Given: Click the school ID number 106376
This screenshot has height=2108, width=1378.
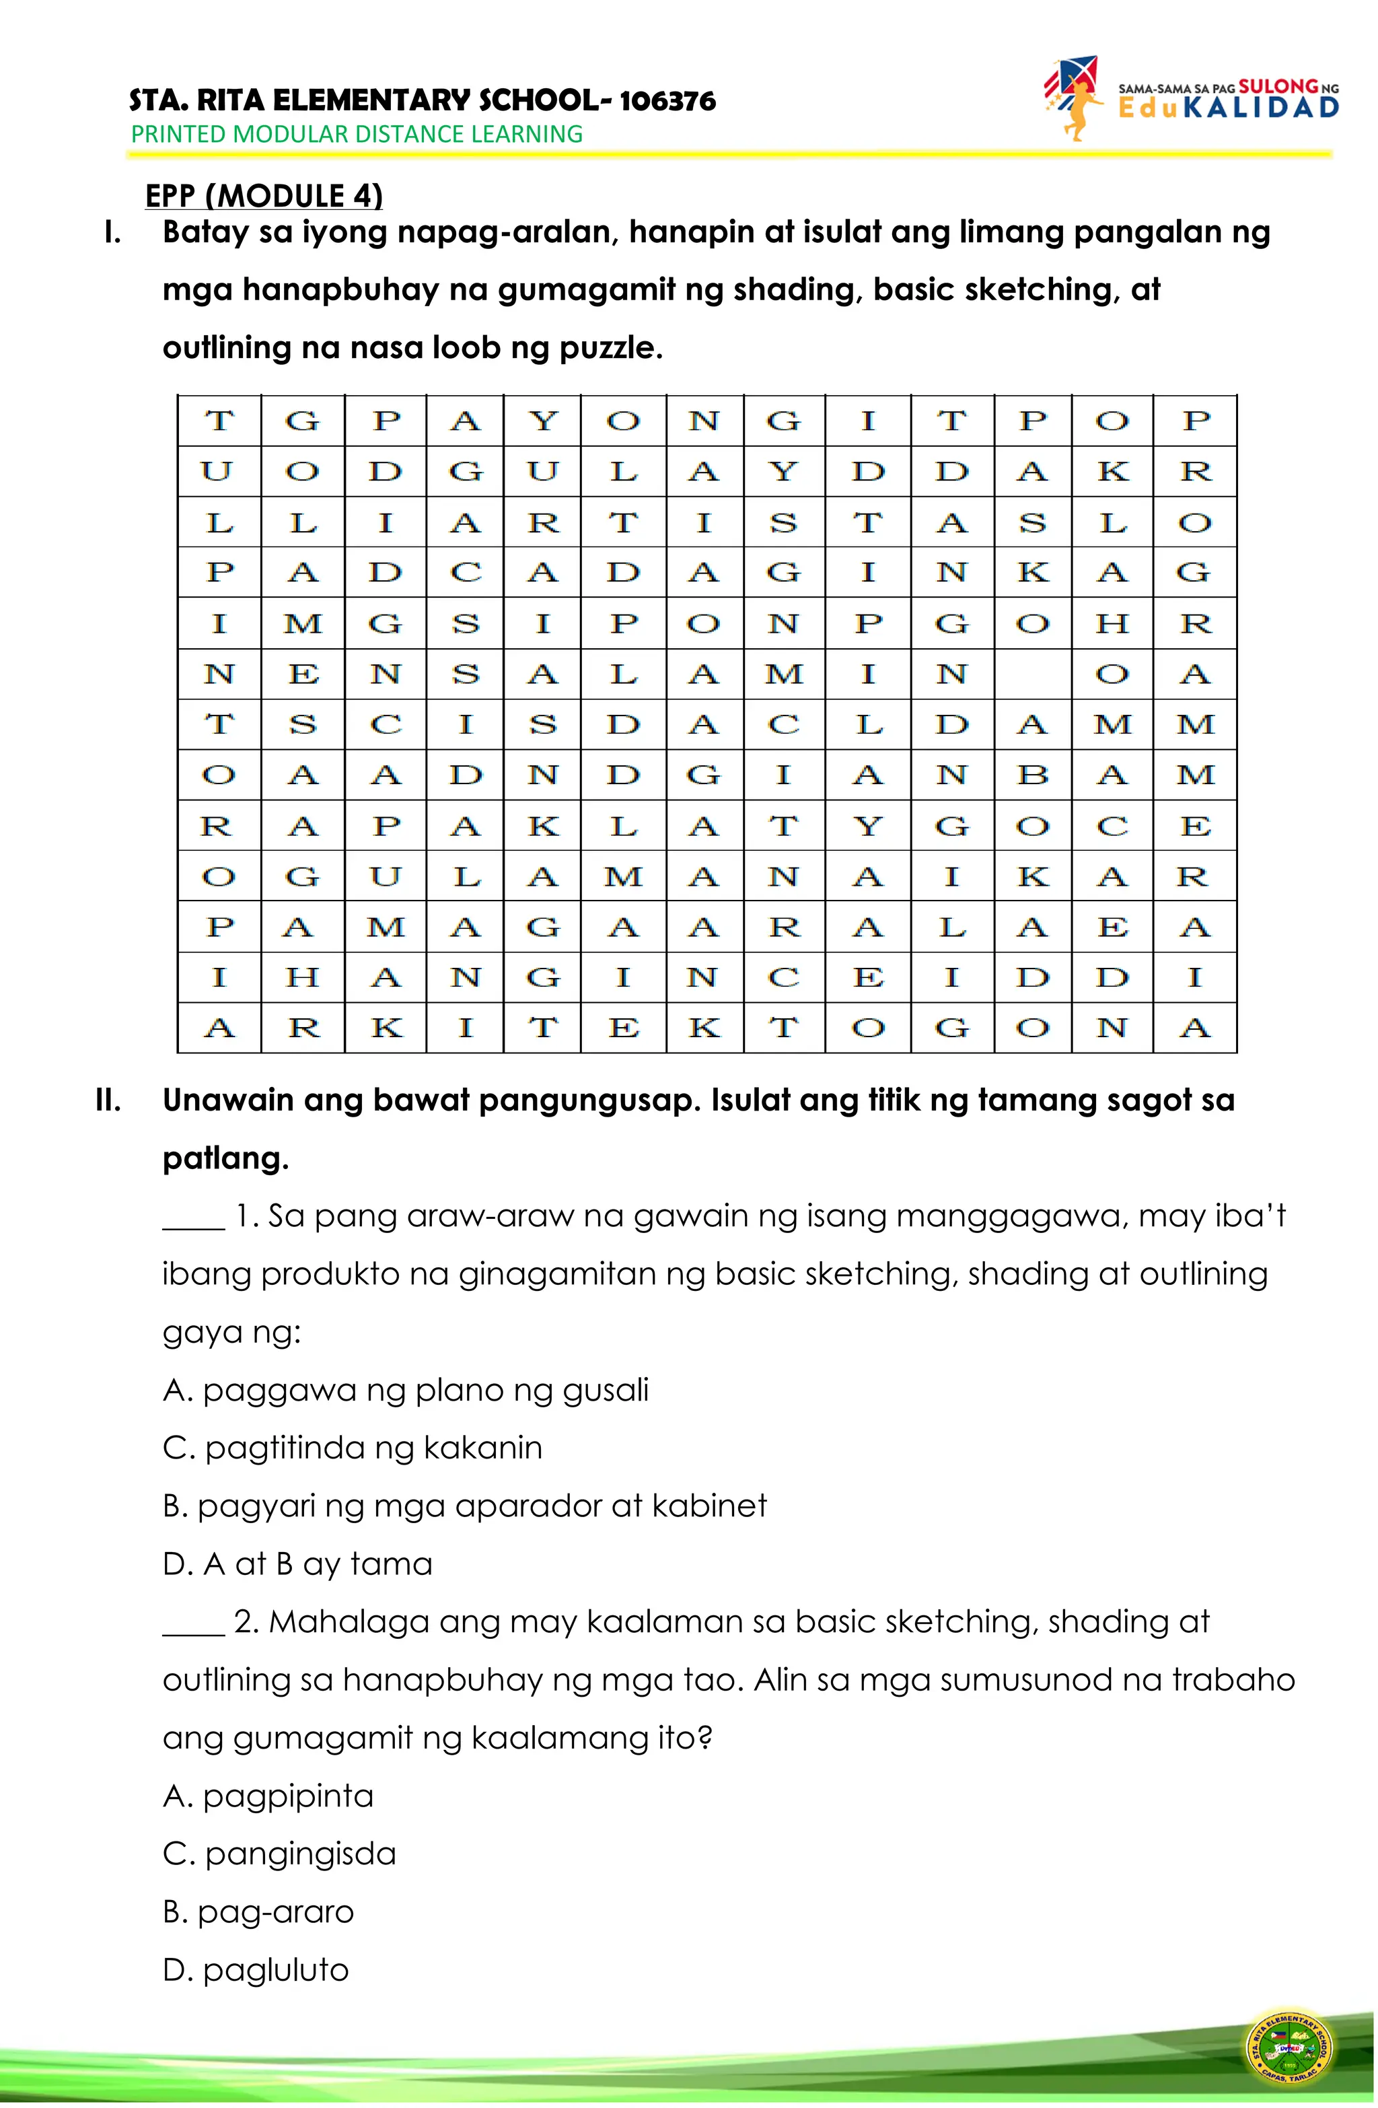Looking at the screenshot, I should pos(667,101).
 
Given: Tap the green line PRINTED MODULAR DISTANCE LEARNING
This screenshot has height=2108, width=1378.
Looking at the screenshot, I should pos(356,135).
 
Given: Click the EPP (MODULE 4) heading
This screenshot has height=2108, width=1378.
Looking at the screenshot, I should pos(264,195).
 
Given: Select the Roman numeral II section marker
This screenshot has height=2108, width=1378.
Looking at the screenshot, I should pos(108,1101).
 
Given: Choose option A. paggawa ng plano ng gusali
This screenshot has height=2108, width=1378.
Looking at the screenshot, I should pos(406,1390).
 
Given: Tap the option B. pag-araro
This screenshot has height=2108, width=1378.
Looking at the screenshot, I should pos(258,1911).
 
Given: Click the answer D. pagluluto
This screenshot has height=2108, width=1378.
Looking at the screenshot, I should pos(256,1970).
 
